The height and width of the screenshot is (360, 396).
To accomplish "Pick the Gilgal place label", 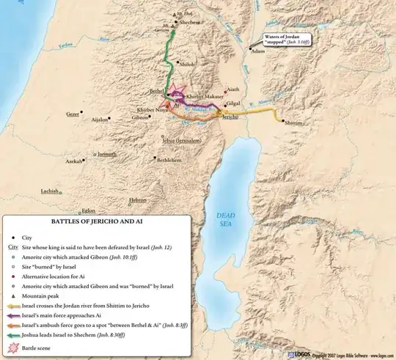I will coord(235,105).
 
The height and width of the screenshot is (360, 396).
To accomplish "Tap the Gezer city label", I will coord(73,114).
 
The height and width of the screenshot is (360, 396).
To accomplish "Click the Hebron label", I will coord(138,199).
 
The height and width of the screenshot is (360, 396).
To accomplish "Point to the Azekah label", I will coord(74,161).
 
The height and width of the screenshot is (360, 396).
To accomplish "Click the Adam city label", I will coord(257,51).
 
